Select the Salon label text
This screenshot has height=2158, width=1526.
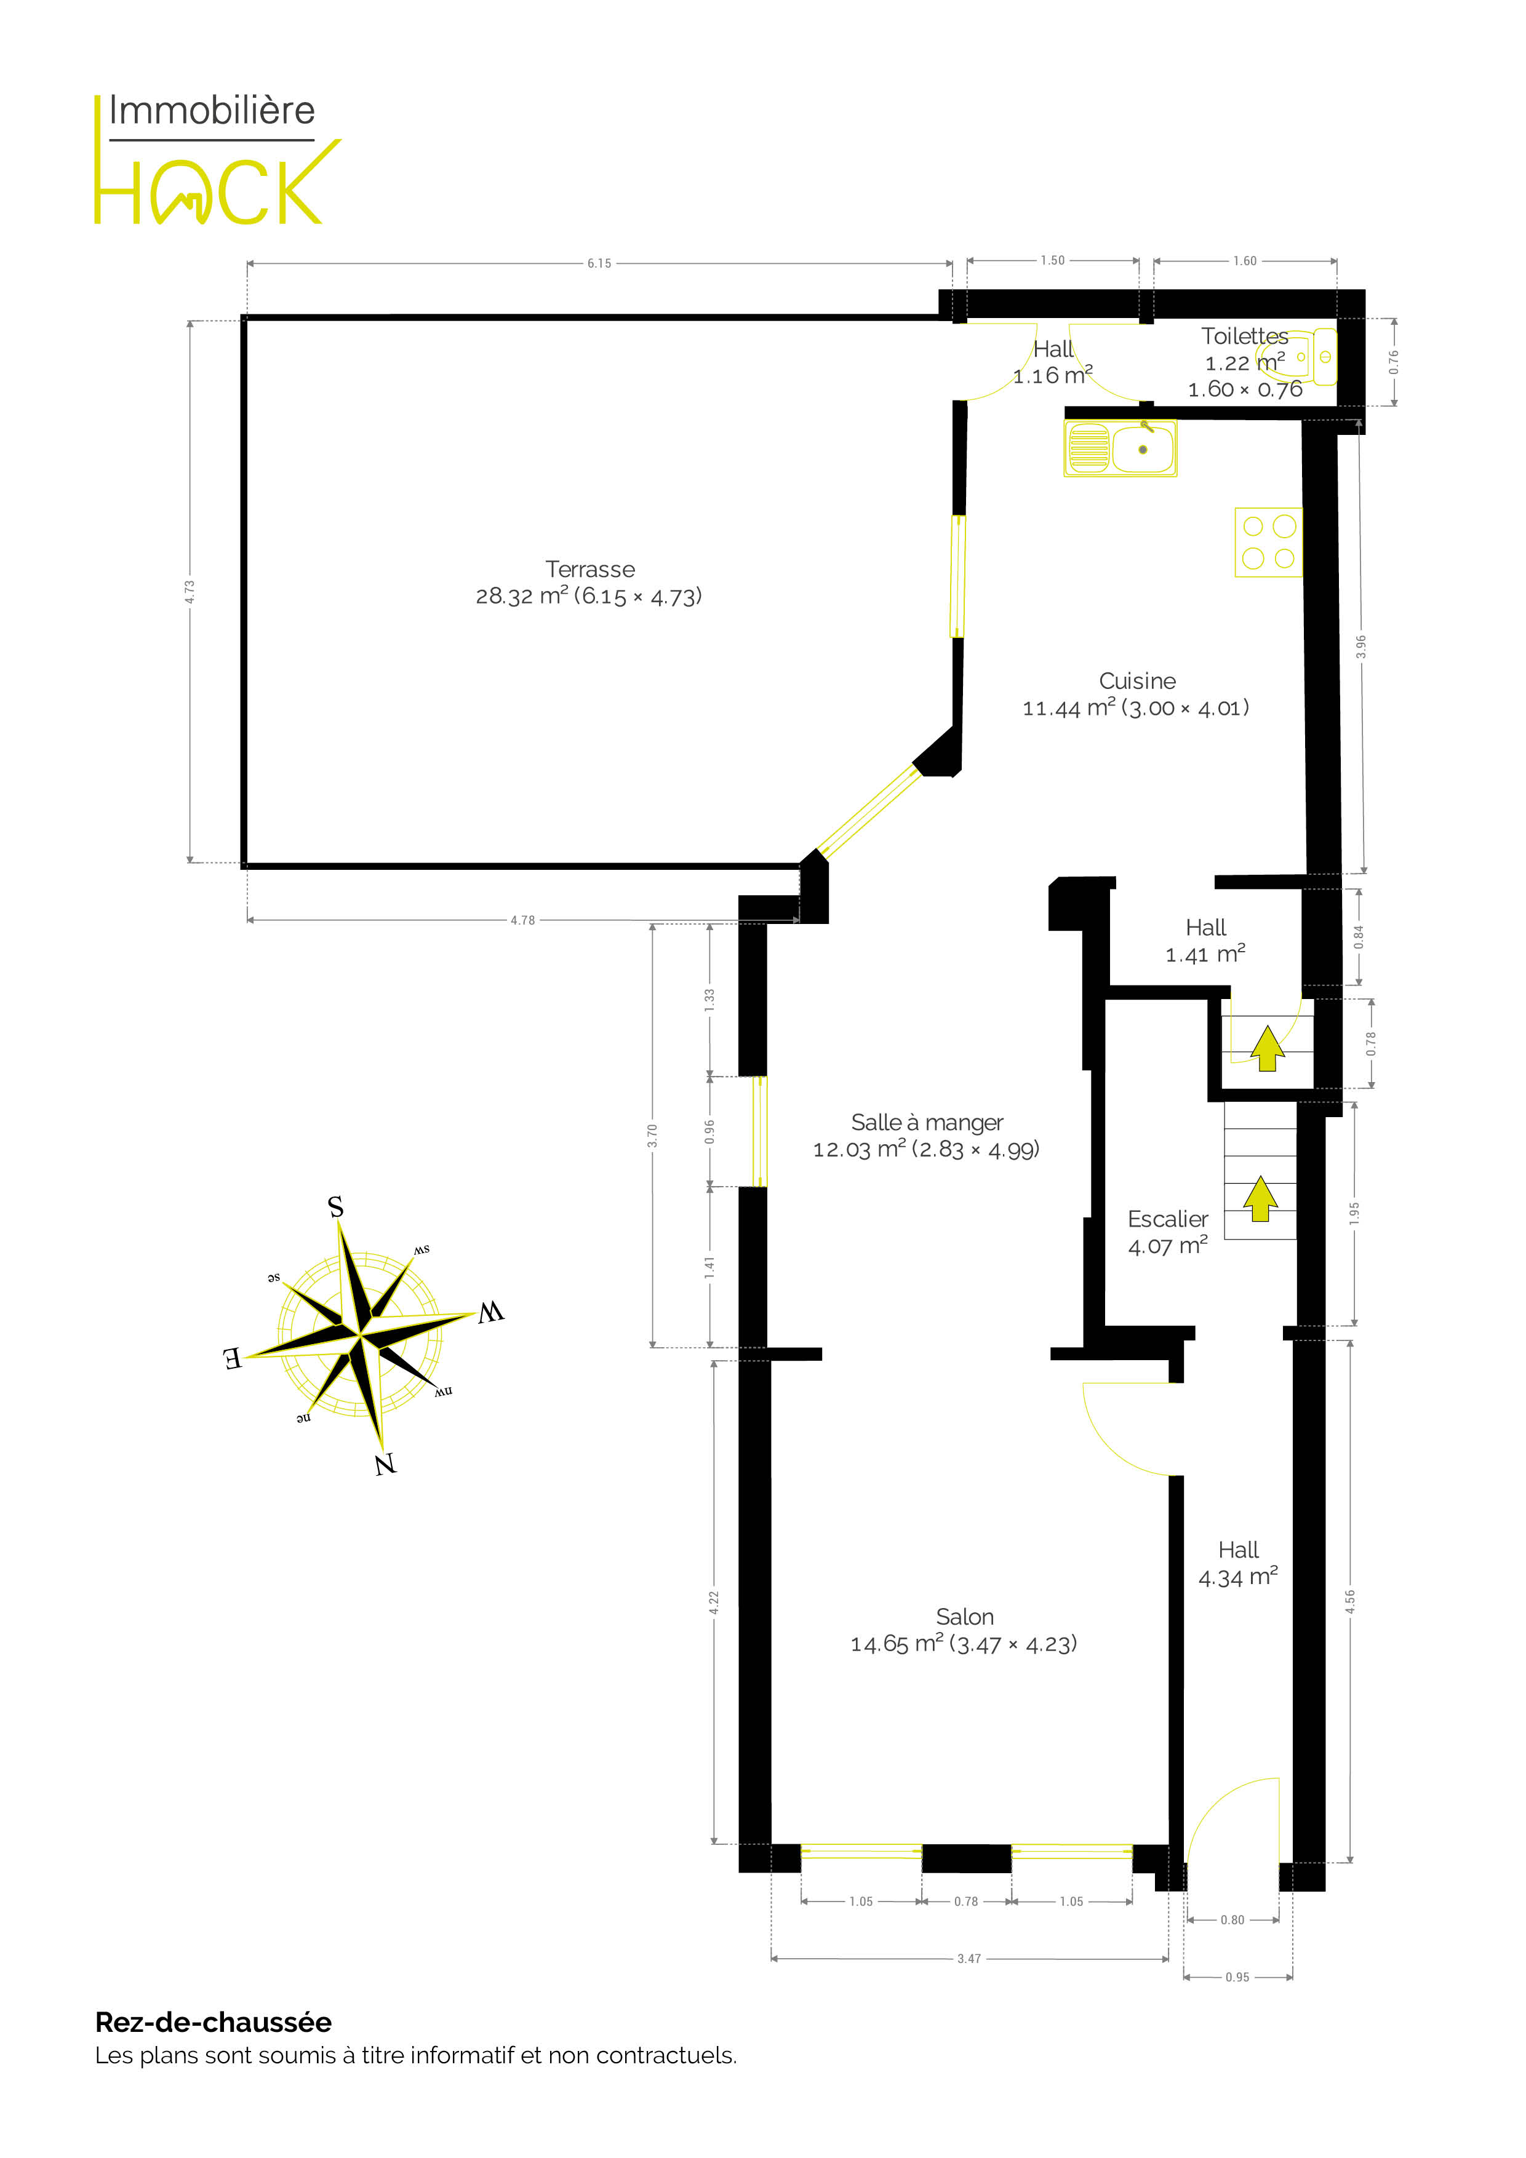pyautogui.click(x=965, y=1617)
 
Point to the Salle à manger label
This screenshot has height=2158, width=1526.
pyautogui.click(x=927, y=1123)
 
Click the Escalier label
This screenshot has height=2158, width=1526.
pyautogui.click(x=1168, y=1219)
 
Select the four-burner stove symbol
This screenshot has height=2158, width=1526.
pyautogui.click(x=1268, y=543)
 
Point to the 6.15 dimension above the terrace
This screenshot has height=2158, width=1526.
pyautogui.click(x=599, y=263)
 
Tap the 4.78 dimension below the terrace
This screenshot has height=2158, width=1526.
pyautogui.click(x=523, y=920)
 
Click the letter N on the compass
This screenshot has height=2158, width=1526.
pyautogui.click(x=385, y=1464)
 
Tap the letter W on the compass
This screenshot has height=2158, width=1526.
pyautogui.click(x=491, y=1312)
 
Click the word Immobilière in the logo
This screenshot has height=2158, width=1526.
pyautogui.click(x=212, y=111)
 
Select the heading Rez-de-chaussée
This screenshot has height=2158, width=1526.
pyautogui.click(x=214, y=2023)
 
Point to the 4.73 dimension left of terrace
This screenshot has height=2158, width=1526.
pyautogui.click(x=190, y=591)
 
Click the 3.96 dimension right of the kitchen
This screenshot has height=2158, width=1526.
pyautogui.click(x=1360, y=647)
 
